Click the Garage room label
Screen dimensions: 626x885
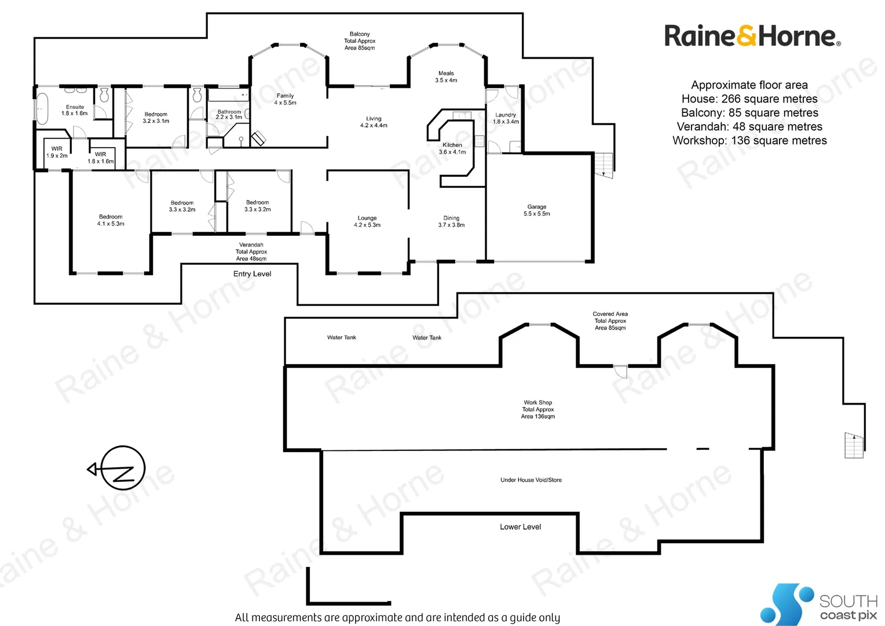[537, 210]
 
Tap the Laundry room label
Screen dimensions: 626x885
[506, 118]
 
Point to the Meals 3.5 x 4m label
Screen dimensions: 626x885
[446, 77]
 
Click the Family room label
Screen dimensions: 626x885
[285, 99]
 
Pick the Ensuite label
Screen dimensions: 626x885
[75, 110]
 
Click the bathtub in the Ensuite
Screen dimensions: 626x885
[42, 108]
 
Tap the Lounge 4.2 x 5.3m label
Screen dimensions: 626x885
[367, 221]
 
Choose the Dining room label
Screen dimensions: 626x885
[451, 221]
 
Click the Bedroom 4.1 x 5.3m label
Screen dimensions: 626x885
[111, 220]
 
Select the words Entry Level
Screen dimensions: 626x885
[252, 274]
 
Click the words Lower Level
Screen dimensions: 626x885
[520, 527]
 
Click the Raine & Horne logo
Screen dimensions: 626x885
[752, 36]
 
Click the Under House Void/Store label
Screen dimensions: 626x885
[531, 480]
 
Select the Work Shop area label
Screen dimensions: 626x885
[538, 409]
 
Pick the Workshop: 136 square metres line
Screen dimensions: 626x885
[749, 141]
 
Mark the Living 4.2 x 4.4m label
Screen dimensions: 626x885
[374, 122]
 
